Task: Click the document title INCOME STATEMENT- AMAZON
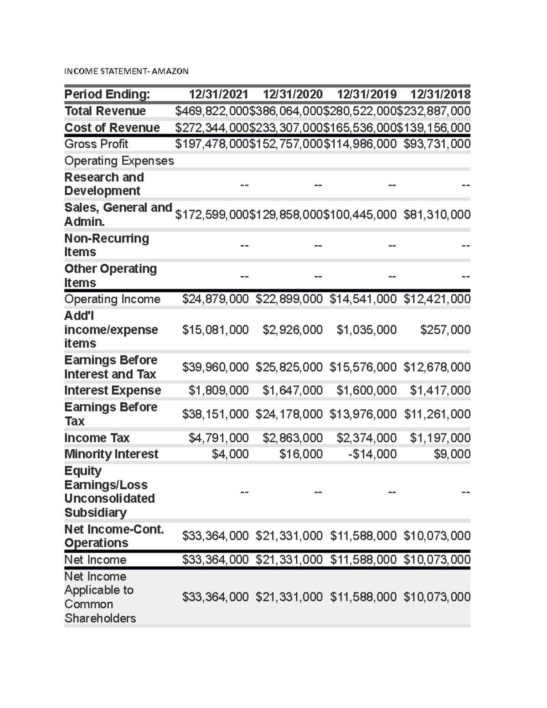click(126, 71)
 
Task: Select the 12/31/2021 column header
click(219, 94)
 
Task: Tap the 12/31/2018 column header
click(440, 94)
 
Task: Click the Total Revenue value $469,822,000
click(212, 111)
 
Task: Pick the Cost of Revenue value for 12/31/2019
click(360, 128)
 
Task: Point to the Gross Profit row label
click(96, 144)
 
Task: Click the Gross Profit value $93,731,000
click(437, 144)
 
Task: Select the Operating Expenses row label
click(119, 161)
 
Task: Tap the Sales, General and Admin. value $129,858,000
click(286, 215)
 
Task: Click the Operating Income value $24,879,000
click(215, 299)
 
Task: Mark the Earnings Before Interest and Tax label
click(111, 367)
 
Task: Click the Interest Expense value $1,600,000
click(366, 390)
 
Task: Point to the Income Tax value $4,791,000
click(218, 438)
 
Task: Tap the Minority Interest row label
click(111, 454)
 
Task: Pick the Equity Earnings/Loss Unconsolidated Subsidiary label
click(109, 491)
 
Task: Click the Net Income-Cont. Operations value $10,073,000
click(437, 536)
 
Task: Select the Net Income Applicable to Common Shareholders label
click(100, 597)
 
